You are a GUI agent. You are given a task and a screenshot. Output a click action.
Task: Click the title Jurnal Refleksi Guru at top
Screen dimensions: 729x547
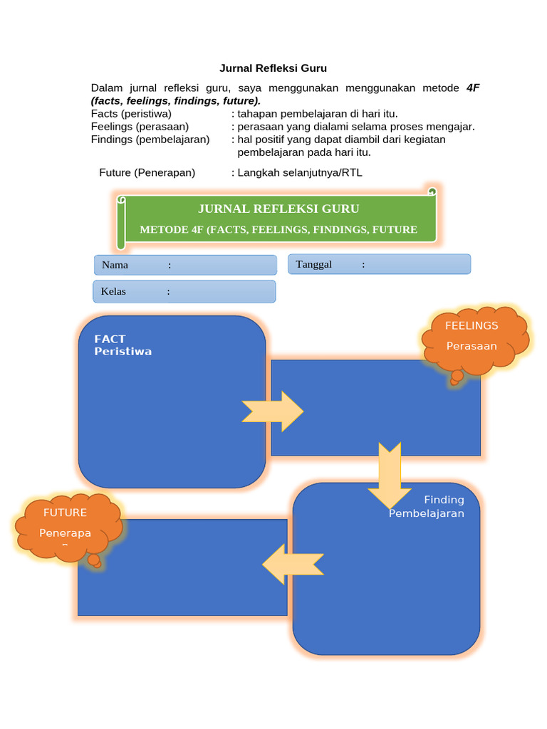point(273,69)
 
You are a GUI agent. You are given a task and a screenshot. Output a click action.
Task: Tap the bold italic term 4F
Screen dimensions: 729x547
point(473,88)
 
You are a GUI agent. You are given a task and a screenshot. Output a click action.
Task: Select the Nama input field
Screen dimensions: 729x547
point(185,265)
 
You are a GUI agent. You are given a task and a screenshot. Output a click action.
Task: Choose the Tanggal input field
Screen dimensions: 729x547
point(379,264)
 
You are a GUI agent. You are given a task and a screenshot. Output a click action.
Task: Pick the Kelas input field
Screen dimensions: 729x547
point(184,291)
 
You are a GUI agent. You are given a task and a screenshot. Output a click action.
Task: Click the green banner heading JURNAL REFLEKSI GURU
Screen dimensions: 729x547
point(278,209)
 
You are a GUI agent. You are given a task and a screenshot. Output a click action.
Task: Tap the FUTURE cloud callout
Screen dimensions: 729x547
point(68,527)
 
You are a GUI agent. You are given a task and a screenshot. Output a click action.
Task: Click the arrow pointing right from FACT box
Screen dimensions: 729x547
point(273,411)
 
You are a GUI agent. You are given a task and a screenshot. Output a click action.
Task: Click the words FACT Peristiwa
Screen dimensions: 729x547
point(123,345)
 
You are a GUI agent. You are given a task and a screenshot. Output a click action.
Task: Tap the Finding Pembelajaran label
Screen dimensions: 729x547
point(427,506)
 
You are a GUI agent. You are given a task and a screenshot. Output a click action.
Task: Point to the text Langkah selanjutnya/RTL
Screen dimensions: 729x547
point(300,172)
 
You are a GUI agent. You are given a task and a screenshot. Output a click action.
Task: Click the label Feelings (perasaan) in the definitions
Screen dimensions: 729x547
point(140,127)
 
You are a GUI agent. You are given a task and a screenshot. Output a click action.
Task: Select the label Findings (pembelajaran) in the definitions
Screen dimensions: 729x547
point(150,140)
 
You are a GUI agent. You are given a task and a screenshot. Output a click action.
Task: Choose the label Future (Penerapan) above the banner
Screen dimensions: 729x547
point(147,172)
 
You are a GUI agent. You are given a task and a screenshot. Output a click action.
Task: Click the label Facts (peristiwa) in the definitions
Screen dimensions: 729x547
point(131,114)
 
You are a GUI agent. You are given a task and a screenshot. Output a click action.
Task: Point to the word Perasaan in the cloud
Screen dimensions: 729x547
point(472,347)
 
